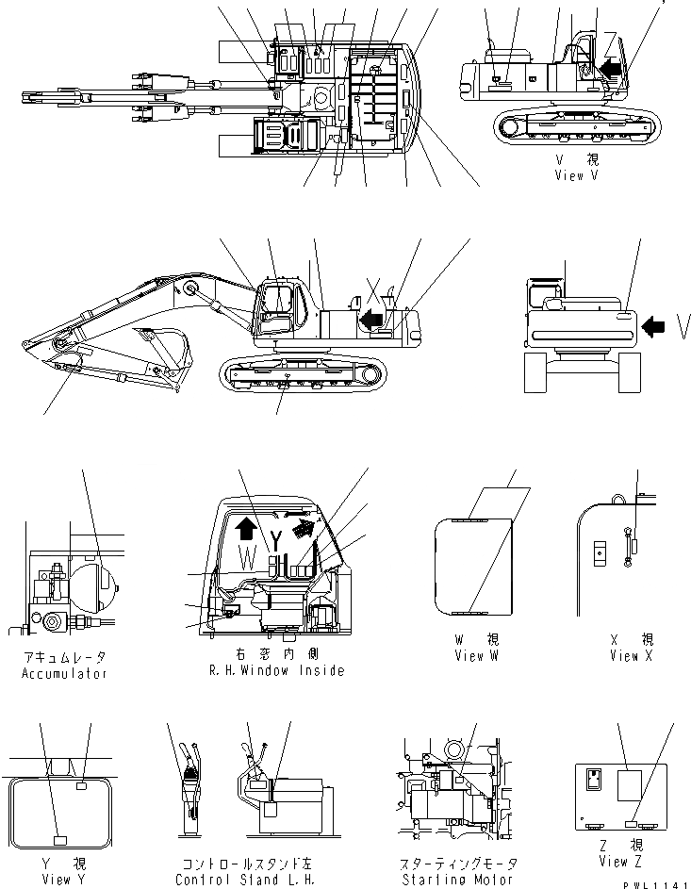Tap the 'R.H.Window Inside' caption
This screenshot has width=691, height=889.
tap(276, 671)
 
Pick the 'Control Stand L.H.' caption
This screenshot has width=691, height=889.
tap(244, 879)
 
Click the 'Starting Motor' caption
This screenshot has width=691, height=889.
tap(442, 879)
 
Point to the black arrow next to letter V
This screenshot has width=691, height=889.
tap(652, 326)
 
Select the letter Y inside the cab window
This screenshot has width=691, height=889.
tap(275, 540)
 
